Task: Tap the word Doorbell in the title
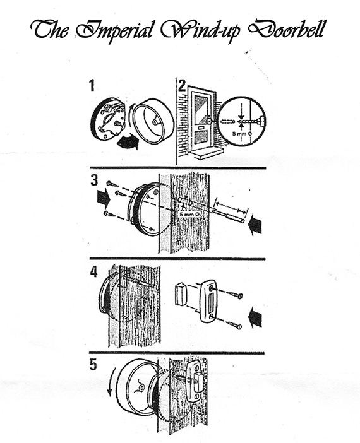tap(287, 29)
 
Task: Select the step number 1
tap(92, 85)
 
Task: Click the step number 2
tap(182, 85)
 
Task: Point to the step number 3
tap(94, 180)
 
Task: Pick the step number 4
tap(93, 272)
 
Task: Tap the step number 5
tap(93, 365)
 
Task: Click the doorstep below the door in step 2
tap(207, 154)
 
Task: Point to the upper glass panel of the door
tap(201, 109)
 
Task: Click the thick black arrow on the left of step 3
tap(103, 199)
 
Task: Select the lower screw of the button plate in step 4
tap(236, 325)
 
